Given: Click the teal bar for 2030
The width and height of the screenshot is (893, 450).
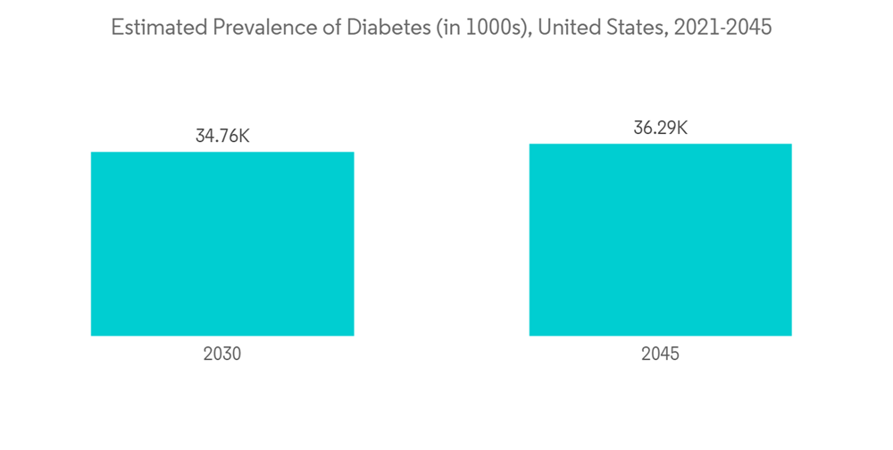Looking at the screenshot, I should (222, 244).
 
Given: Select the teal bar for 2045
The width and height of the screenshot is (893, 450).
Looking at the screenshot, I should (660, 239).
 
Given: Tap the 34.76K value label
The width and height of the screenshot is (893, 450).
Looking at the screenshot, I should (222, 137).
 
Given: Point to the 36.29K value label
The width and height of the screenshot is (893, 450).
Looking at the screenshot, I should (660, 128).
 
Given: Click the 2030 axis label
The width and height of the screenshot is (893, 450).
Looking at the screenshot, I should (222, 354).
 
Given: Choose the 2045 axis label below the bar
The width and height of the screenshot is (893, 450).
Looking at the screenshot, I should (660, 354).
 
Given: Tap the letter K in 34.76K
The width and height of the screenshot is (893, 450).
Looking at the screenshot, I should (244, 137).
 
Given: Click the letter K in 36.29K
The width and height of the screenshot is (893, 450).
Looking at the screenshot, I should (681, 128).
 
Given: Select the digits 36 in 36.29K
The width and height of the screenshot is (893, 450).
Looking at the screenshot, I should (642, 128).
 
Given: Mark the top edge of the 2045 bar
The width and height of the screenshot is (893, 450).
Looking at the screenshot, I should (660, 144).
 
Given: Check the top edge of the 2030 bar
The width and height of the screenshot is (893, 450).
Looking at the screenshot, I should (222, 153).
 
